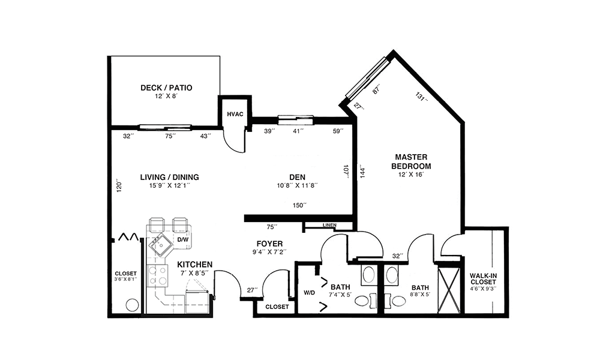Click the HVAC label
click(x=235, y=114)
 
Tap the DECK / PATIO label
click(x=166, y=88)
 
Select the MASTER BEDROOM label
click(x=412, y=161)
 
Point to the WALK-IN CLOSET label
click(x=483, y=278)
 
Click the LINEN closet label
click(x=329, y=225)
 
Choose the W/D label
click(x=309, y=293)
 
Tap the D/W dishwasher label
click(x=183, y=240)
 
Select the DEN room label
click(x=298, y=177)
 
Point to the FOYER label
click(x=270, y=244)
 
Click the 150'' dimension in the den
click(x=299, y=205)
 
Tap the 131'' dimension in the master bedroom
click(x=421, y=97)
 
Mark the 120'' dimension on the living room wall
click(x=119, y=185)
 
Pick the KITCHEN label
click(x=195, y=265)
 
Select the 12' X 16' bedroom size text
click(x=412, y=175)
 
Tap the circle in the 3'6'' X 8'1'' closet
click(x=133, y=305)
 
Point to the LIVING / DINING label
click(x=170, y=177)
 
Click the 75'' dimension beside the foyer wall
click(x=272, y=227)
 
